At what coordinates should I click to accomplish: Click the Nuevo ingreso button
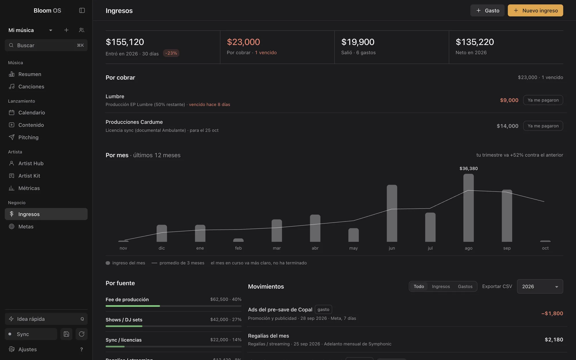pos(535,10)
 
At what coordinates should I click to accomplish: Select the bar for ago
pos(469,208)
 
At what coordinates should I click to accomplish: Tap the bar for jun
pos(392,213)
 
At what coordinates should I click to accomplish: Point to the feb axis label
pos(238,248)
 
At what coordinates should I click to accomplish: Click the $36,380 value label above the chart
pos(469,168)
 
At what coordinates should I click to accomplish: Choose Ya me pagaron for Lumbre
pos(543,100)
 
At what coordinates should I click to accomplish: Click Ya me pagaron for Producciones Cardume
pos(543,126)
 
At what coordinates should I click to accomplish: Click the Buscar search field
pos(46,45)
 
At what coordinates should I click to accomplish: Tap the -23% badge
pos(171,53)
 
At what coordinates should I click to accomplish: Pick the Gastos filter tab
pos(465,287)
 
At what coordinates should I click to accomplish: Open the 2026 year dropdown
pos(540,287)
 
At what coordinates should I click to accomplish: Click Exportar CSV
pos(497,287)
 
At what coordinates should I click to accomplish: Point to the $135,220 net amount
pos(475,42)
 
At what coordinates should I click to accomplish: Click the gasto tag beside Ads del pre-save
pos(323,310)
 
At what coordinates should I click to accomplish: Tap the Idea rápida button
pos(46,319)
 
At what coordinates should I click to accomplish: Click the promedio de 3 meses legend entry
pos(178,263)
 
